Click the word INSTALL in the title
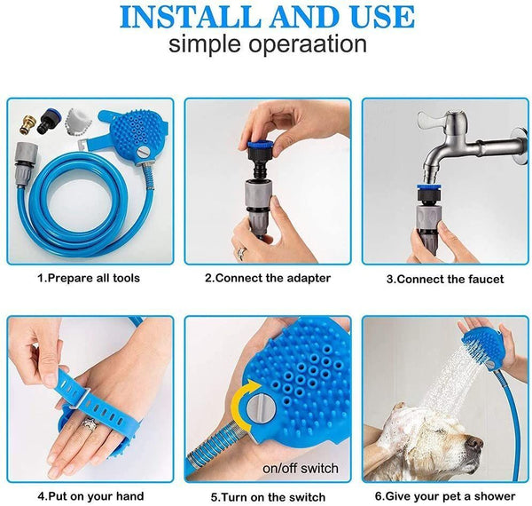[x=191, y=17]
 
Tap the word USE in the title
[x=378, y=17]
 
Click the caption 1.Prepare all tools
[x=90, y=278]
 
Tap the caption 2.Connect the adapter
[x=268, y=278]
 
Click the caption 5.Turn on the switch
[x=268, y=496]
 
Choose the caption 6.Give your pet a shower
[x=445, y=496]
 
